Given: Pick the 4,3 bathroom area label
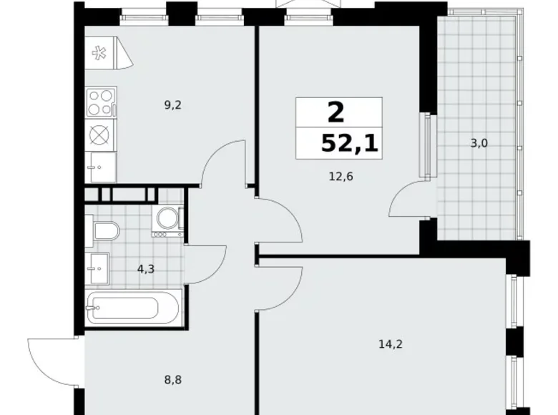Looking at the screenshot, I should pos(146,270).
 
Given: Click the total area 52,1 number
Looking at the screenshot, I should pos(350,145).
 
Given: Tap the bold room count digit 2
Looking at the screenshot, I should pos(335,112).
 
